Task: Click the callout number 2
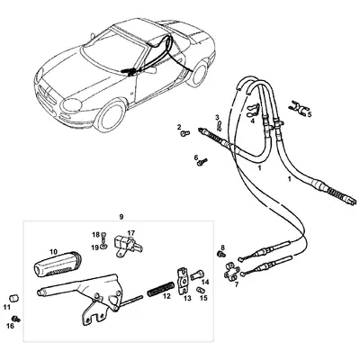point(179,128)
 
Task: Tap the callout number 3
point(217,117)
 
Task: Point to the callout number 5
point(310,114)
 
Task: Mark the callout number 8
point(221,247)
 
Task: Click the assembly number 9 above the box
point(120,217)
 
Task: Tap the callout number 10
point(54,251)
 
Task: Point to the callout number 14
point(205,282)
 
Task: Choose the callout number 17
point(131,233)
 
